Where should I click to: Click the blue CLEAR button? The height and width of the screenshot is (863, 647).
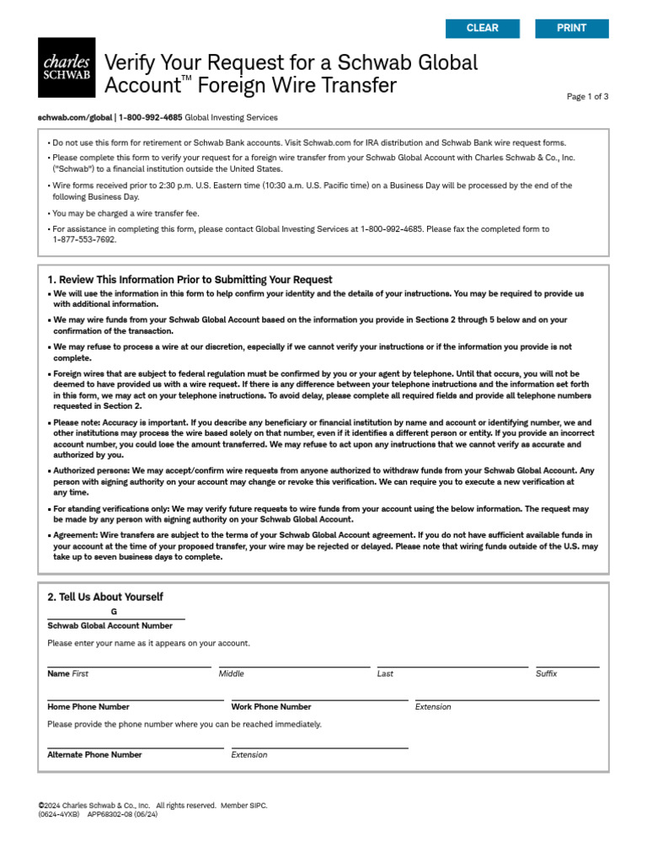coord(483,29)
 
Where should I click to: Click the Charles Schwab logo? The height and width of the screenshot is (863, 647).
coord(67,67)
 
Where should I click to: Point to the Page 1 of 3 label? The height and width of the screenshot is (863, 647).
coord(587,97)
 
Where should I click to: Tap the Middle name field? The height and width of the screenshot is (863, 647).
coord(294,661)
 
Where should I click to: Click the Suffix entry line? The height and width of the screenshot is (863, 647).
coord(567,661)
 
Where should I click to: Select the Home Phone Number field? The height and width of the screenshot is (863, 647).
coord(136,694)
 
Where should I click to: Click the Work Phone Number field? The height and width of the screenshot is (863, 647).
coord(319,694)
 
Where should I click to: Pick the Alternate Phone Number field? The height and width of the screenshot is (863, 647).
coord(136,742)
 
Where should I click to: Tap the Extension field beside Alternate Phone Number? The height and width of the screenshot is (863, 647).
coord(319,742)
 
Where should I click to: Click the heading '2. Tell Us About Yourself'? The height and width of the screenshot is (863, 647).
coord(105,597)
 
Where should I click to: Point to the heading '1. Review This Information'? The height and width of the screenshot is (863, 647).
coord(190,280)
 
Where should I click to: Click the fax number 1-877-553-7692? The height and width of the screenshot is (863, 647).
coord(85,239)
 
